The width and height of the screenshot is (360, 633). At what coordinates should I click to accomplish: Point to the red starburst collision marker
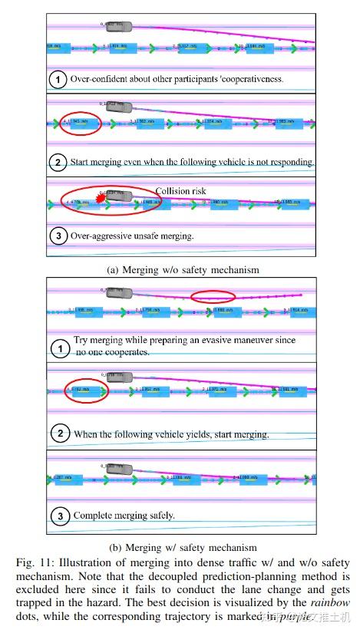[x=98, y=199]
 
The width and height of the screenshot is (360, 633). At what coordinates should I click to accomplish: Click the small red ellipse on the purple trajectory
[x=213, y=296]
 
